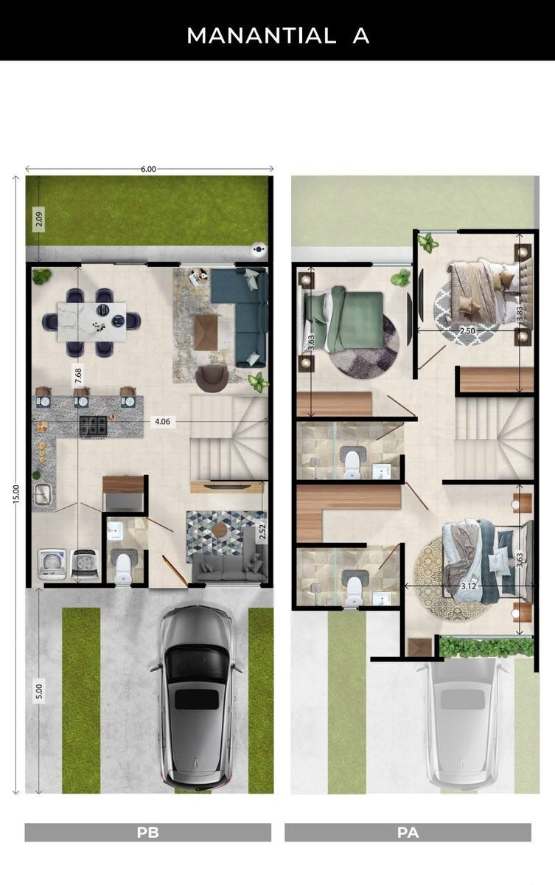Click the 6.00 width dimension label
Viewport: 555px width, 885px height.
point(148,169)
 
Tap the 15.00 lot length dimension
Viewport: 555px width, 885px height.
point(16,494)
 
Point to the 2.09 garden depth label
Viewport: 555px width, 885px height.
point(38,219)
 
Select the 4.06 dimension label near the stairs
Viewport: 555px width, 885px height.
point(162,422)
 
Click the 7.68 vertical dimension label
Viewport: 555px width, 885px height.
point(79,375)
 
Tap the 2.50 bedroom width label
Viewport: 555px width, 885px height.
point(467,330)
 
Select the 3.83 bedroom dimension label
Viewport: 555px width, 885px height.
point(520,314)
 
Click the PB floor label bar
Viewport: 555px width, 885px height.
point(147,833)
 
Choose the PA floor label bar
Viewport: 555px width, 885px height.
point(408,833)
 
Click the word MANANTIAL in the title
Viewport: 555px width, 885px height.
point(262,36)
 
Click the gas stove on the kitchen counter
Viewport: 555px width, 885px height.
point(93,426)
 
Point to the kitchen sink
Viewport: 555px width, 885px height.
point(43,494)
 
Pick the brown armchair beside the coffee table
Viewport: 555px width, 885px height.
point(212,378)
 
